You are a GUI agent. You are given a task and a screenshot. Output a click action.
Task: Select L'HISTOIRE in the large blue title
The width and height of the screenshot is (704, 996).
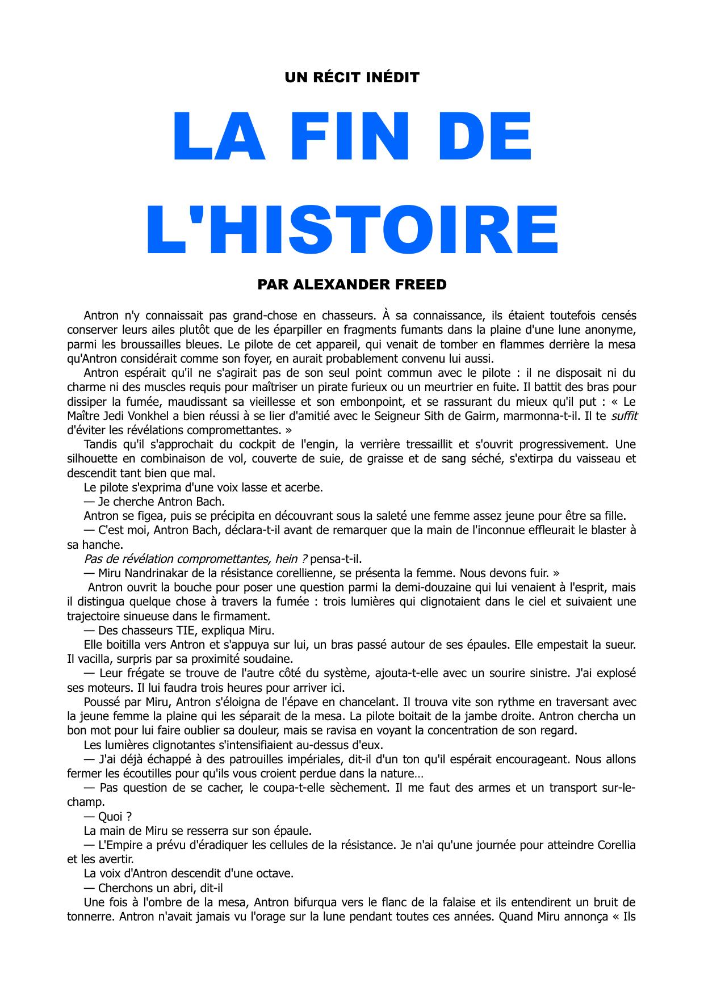(352, 230)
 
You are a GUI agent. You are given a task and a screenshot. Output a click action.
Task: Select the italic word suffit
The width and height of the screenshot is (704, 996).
(624, 416)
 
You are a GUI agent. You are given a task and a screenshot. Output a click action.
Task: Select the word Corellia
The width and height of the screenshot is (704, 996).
(617, 845)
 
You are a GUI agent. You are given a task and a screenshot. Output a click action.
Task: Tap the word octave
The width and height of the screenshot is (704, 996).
(274, 873)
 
